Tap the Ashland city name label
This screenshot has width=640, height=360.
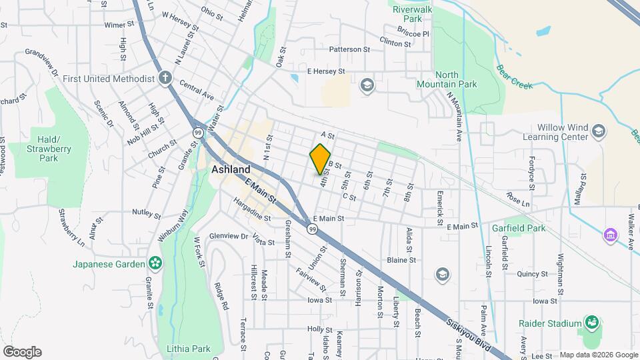pyautogui.click(x=231, y=170)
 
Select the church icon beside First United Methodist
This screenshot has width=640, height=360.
pyautogui.click(x=165, y=79)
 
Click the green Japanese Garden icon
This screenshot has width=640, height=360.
pyautogui.click(x=155, y=264)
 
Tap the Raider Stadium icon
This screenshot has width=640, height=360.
pyautogui.click(x=591, y=323)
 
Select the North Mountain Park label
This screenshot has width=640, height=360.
pyautogui.click(x=447, y=80)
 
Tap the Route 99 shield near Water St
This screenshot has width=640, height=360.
pyautogui.click(x=198, y=133)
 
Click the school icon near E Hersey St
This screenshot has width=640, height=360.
pyautogui.click(x=366, y=85)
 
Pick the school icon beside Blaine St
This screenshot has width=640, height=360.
pyautogui.click(x=441, y=274)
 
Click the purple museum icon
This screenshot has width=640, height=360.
pyautogui.click(x=609, y=235)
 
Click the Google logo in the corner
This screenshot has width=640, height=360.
pyautogui.click(x=22, y=351)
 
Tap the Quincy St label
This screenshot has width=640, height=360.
pyautogui.click(x=531, y=273)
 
